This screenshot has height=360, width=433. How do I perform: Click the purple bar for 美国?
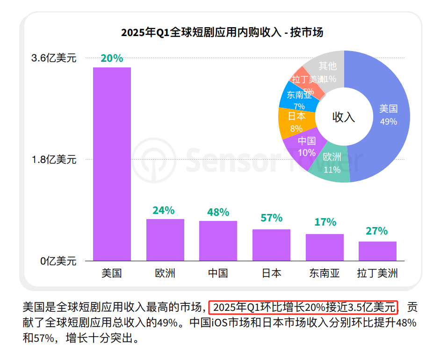[112, 164]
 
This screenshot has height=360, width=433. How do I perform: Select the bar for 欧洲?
[165, 240]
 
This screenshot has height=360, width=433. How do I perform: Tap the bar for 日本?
[271, 245]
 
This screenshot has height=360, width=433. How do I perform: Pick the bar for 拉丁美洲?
[377, 251]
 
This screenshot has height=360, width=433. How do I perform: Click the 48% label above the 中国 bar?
[218, 212]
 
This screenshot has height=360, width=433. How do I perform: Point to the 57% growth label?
[271, 218]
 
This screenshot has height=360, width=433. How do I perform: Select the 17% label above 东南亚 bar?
[325, 222]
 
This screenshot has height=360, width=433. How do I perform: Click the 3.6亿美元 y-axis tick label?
[54, 58]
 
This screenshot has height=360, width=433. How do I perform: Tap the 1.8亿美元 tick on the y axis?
[54, 160]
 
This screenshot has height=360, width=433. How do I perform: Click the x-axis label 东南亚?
[324, 273]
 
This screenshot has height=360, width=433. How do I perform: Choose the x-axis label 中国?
[218, 273]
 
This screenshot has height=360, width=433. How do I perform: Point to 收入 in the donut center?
[344, 117]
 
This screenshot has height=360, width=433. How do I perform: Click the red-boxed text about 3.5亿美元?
[303, 308]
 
